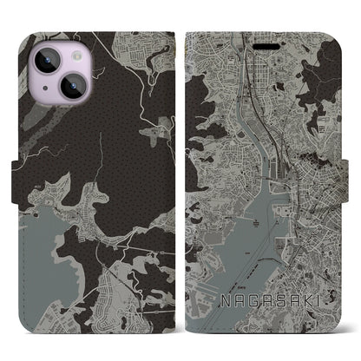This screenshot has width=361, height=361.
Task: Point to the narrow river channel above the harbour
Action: pos(252,113)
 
